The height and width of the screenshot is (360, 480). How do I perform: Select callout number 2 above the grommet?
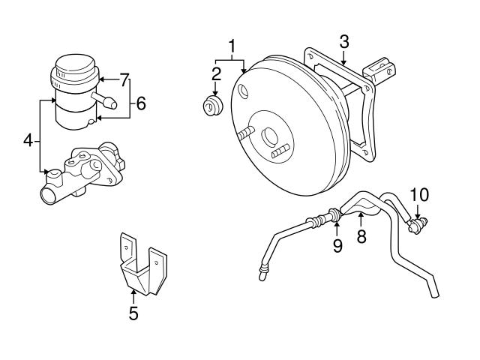click(215, 73)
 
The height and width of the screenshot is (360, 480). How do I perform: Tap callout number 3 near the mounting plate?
click(343, 42)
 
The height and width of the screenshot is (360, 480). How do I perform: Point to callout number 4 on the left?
click(28, 139)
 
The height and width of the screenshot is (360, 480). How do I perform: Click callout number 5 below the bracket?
click(133, 313)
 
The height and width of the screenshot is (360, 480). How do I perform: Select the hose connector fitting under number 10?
click(415, 223)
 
